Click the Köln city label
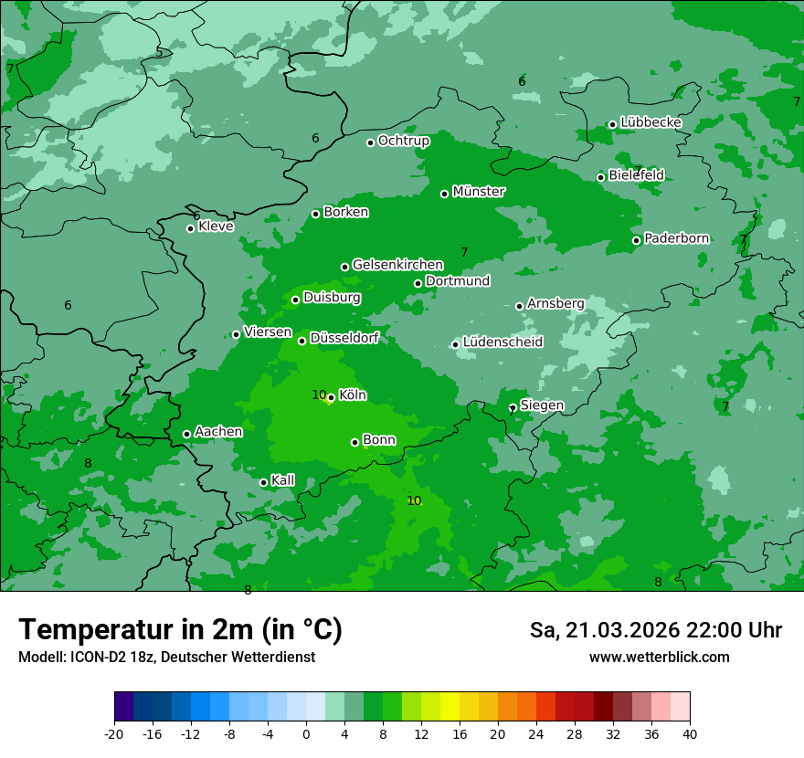tap(352, 395)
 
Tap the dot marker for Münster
tap(445, 194)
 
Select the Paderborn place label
tap(676, 239)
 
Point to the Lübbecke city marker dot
tap(612, 124)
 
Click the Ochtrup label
tap(403, 142)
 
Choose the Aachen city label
tap(218, 432)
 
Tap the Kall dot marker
tap(263, 482)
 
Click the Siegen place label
tap(542, 405)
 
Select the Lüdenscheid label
tap(503, 342)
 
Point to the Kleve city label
tap(216, 226)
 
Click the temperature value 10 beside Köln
tap(319, 395)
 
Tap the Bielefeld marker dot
tap(601, 177)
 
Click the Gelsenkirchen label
tap(397, 265)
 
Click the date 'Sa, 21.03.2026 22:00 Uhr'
tap(655, 630)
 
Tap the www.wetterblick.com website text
tap(659, 658)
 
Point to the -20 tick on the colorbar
tap(114, 734)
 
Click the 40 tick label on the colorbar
tap(690, 734)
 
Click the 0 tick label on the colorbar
tap(306, 734)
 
